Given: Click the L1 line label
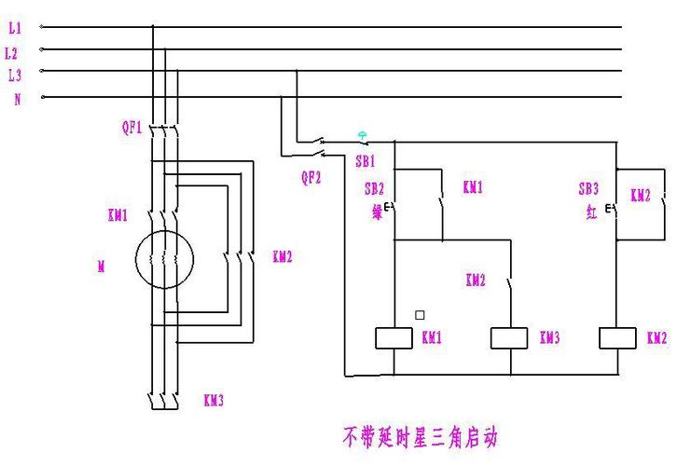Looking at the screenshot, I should pos(15,29).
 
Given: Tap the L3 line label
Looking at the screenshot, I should pos(14,75).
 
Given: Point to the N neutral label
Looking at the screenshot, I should pos(17,99).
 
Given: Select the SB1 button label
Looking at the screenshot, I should pos(365,160).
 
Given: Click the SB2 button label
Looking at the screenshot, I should pos(374,188).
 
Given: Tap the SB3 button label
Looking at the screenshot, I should pos(588,188).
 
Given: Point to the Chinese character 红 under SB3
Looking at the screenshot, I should pos(591,212).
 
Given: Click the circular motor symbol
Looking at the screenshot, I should pos(164,260).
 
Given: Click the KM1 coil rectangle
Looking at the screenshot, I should pos(394,338).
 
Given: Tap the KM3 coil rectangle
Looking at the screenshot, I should pos(510,338).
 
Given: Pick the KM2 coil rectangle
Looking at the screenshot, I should pos(616,338).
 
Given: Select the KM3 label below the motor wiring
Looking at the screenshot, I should pos(214,401).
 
